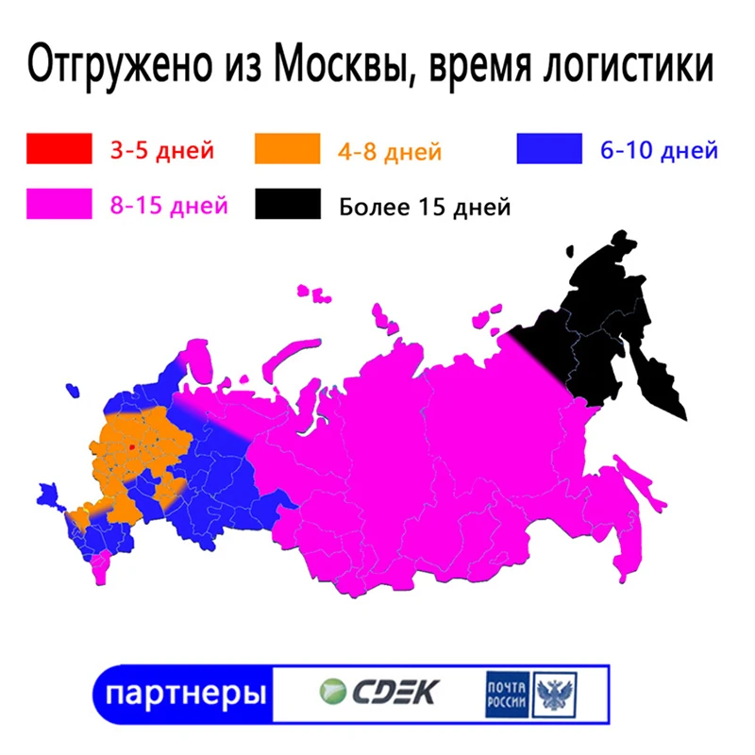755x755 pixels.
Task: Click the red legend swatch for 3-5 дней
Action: coord(59,149)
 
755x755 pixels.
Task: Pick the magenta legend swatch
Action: coord(59,204)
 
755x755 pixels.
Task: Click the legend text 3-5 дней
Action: coord(161,149)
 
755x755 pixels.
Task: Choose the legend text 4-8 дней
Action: coord(390,151)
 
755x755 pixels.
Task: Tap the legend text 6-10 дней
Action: coord(659,149)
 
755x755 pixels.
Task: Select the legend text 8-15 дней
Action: coord(167,204)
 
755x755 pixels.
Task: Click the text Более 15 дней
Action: coord(425,206)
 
